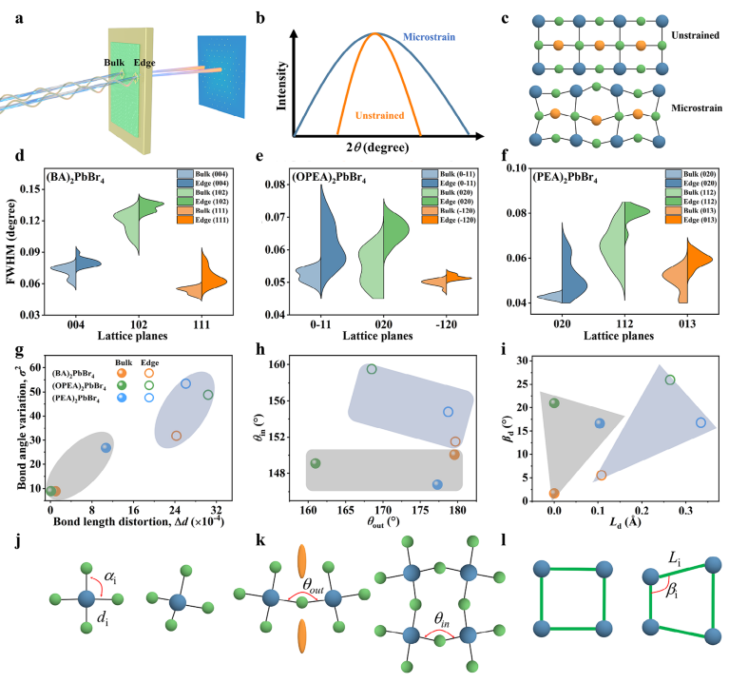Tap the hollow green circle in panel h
[372, 369]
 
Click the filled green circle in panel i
[554, 402]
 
